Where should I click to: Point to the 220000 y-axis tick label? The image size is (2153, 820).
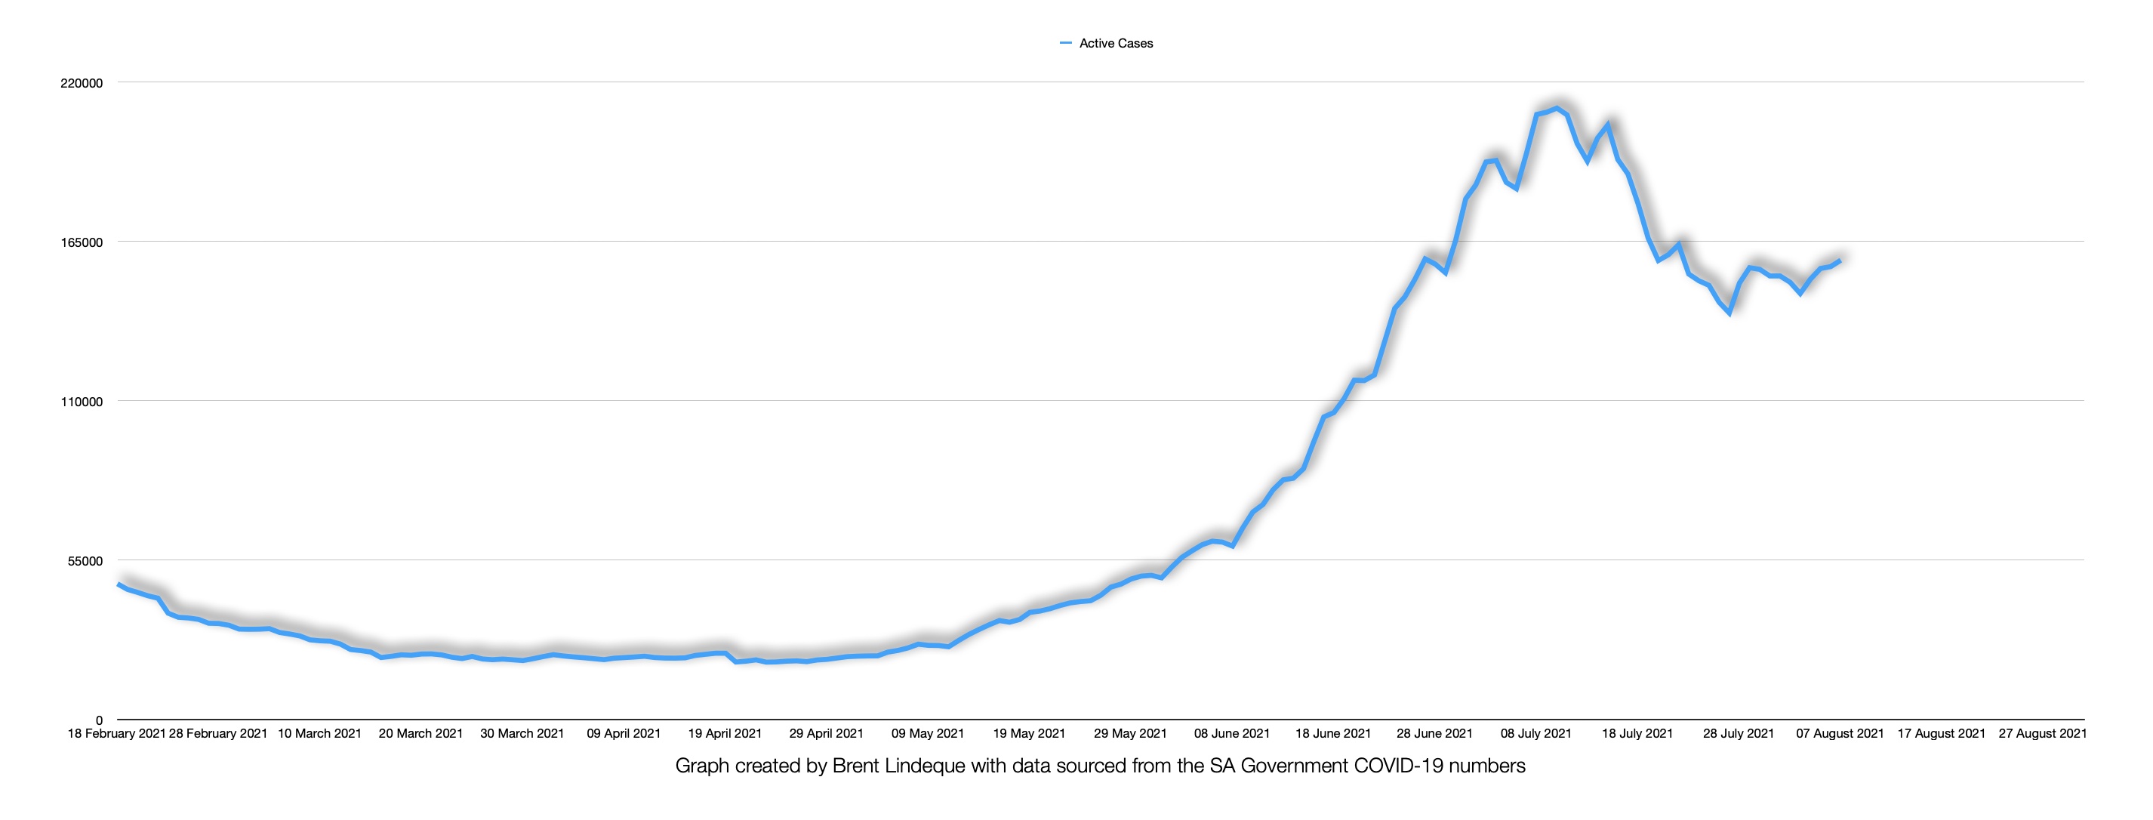[x=82, y=84]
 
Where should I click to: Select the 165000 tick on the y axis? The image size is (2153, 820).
[x=82, y=242]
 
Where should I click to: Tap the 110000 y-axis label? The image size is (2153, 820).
[x=82, y=402]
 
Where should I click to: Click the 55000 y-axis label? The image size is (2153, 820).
[x=85, y=561]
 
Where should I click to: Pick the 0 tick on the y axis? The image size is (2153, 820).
[x=100, y=720]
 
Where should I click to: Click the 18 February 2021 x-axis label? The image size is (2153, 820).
[x=116, y=734]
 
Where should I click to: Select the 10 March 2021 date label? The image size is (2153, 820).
[x=319, y=734]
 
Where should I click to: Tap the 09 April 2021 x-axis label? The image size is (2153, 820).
[x=624, y=734]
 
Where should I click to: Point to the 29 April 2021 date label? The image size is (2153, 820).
[x=826, y=734]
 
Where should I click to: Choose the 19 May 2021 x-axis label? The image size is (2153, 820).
[x=1029, y=734]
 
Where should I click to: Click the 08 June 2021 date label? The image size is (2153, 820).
[x=1232, y=734]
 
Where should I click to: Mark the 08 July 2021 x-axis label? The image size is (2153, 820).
[x=1536, y=734]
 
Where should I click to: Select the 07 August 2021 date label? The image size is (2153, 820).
[x=1840, y=734]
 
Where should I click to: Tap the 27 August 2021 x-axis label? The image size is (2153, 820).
[x=2043, y=734]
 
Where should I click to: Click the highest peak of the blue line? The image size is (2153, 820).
[x=1557, y=108]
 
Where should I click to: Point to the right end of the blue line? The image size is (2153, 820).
[x=1840, y=260]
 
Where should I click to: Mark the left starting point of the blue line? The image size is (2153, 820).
[x=119, y=584]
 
